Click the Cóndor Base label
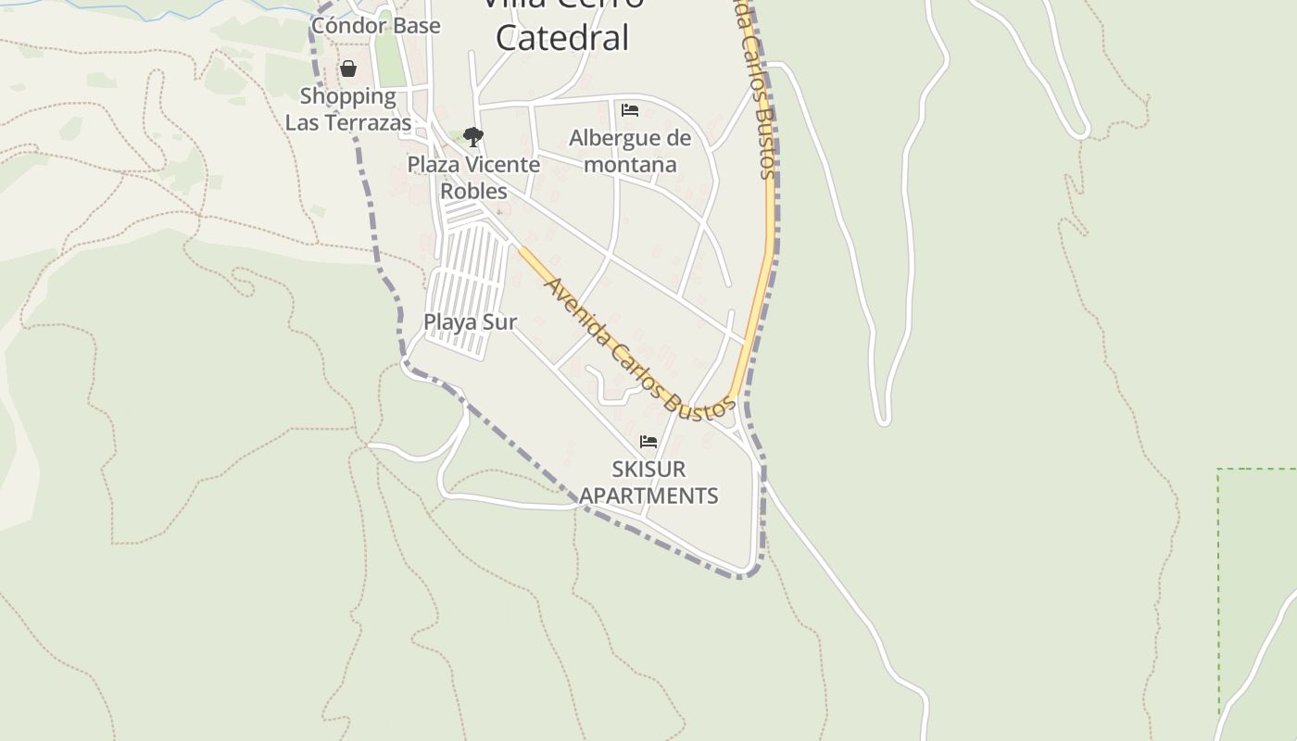375,25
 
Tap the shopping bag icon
348,69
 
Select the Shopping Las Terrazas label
347,109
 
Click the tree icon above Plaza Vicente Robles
473,138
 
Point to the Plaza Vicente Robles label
473,177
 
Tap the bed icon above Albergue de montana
630,110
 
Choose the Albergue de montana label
630,151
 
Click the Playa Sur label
470,321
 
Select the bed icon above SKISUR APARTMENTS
648,442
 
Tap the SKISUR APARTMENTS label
648,482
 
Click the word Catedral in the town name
562,38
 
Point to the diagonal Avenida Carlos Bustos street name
639,347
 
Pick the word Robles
473,191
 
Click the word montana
630,164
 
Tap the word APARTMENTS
648,496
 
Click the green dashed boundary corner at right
1219,471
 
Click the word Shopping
347,96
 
